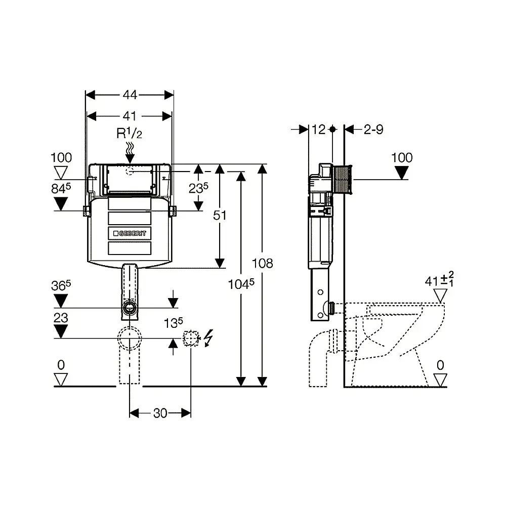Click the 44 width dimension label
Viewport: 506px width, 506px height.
130,95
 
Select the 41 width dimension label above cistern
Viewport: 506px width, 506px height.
130,116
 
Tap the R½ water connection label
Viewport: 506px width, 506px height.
129,133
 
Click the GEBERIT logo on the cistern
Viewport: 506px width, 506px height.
130,233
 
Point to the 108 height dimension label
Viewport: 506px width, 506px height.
262,263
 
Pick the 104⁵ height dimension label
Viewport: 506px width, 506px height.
241,284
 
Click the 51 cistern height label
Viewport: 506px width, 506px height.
220,215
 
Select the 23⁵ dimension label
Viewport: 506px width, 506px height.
198,188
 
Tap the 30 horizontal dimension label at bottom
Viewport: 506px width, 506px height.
160,413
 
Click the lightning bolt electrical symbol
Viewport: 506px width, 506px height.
209,338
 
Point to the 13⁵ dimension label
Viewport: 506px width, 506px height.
173,322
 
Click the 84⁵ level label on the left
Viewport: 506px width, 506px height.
61,188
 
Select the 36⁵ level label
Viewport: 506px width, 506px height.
61,285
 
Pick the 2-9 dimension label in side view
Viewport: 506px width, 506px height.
373,130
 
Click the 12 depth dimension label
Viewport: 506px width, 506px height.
318,130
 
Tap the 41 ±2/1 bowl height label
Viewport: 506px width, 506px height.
439,279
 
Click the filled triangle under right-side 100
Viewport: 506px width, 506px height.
401,173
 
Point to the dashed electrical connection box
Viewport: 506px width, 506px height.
191,338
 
